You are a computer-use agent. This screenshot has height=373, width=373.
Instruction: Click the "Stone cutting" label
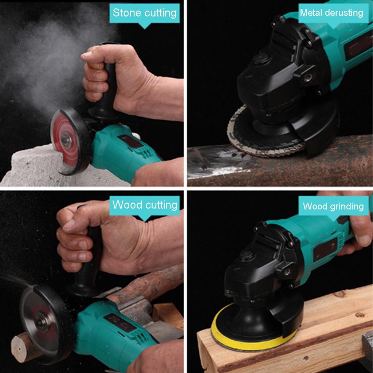coord(145,13)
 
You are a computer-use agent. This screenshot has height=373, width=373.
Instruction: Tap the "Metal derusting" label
coord(331,13)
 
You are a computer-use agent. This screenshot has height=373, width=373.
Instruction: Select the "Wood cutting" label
coord(145,205)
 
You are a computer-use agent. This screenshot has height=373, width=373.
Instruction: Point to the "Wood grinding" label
coord(333,207)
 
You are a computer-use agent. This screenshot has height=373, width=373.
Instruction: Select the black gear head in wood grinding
coord(255,277)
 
